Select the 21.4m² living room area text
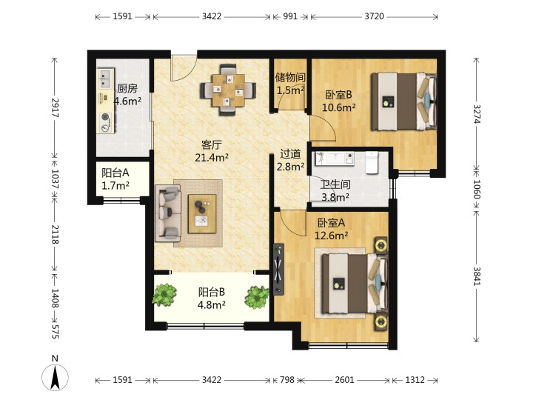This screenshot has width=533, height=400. point(211,158)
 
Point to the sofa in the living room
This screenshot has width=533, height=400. point(167,214)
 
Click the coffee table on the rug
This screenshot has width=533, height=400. point(201,213)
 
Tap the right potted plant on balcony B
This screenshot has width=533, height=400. point(258,296)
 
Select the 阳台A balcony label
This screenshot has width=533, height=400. point(115,173)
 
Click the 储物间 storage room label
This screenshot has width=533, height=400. point(289,77)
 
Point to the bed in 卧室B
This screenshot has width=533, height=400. point(403,101)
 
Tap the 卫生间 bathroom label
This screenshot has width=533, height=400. point(335,184)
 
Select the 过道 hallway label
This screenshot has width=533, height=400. point(290,154)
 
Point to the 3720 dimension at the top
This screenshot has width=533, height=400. point(374,16)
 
